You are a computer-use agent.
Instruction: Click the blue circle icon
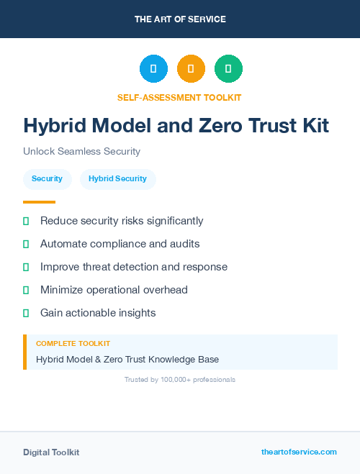153,68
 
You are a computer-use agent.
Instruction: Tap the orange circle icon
191,68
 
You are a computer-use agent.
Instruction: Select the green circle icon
228,68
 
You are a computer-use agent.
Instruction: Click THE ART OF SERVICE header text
180,19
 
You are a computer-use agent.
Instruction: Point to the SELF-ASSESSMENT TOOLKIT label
179,97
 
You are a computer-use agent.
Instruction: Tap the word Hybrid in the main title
55,126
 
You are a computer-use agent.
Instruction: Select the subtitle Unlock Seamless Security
81,152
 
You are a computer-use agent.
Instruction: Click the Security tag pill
47,179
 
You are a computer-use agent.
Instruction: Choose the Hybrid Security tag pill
117,179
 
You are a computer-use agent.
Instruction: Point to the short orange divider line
39,202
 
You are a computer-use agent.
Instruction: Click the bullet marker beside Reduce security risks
26,222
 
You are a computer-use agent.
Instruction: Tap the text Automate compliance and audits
120,244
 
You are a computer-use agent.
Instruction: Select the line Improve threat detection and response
133,267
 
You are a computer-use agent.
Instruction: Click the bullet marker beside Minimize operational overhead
26,291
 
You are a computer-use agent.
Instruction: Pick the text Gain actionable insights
98,313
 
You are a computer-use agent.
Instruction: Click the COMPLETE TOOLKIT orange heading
73,344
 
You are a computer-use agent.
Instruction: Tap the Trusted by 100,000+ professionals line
180,379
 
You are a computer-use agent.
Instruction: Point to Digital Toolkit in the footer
51,452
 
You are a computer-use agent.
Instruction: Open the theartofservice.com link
299,452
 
